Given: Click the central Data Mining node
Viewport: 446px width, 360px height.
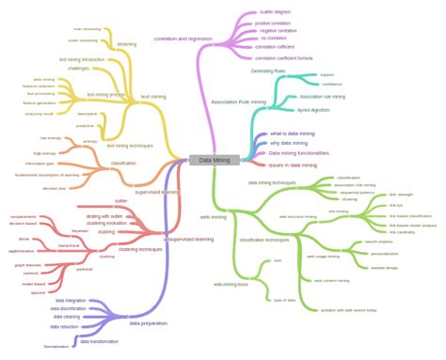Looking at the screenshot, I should point(214,160).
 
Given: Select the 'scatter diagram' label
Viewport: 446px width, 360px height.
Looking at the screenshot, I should point(274,13).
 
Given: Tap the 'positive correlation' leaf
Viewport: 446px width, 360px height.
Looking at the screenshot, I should point(273,23).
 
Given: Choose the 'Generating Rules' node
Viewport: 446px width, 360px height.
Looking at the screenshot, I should point(268,70).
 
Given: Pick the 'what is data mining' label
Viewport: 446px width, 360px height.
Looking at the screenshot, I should point(293,133).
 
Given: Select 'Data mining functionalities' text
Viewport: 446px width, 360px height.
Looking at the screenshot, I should point(298,152).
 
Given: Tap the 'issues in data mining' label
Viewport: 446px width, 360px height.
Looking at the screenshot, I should point(292,165).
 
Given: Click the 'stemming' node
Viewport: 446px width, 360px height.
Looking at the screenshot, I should point(126,43).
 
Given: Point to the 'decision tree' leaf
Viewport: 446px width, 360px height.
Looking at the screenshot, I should point(55,188).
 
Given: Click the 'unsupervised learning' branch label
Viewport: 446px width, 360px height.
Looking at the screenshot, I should point(188,239).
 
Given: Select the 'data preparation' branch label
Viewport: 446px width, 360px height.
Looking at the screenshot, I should point(149,323).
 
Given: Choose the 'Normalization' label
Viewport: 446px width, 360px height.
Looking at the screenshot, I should point(57,346).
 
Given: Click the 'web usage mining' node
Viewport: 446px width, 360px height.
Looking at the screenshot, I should point(323,256).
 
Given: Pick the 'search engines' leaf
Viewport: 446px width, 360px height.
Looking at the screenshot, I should point(378,242).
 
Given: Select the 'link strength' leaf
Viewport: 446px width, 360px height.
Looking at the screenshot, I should point(401,195).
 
